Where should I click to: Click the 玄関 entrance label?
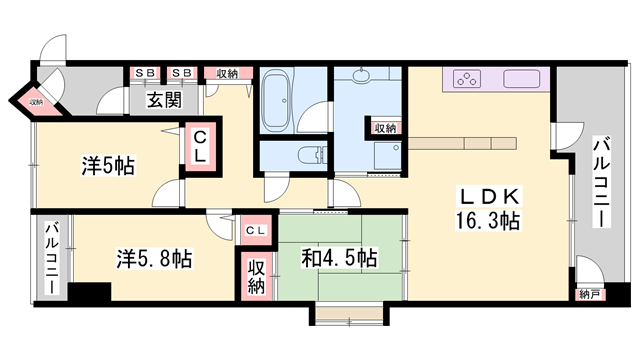(x=163, y=100)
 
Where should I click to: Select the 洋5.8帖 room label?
(x=152, y=258)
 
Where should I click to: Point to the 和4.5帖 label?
(x=339, y=258)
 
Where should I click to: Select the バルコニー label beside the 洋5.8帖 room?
(x=49, y=259)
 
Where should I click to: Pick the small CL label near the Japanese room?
(x=255, y=231)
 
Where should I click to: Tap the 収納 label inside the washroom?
(x=385, y=128)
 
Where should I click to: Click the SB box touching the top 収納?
(x=182, y=73)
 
